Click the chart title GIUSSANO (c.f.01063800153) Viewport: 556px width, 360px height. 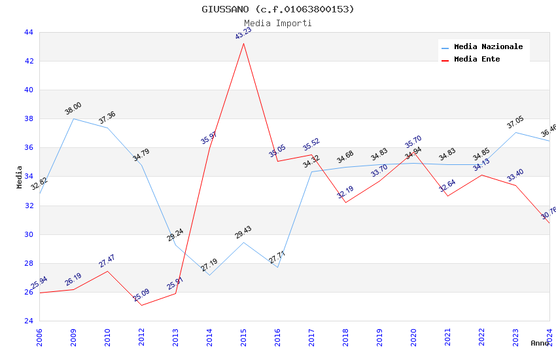tap(278, 9)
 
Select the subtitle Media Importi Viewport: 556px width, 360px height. tap(278, 23)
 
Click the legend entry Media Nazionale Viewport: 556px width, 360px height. tap(488, 47)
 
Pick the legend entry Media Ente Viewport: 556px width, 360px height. tap(477, 59)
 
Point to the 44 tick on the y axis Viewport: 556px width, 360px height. tap(28, 33)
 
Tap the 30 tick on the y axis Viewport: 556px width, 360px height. tap(28, 234)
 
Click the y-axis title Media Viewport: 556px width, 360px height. tap(20, 177)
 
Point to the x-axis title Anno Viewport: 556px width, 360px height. tap(540, 343)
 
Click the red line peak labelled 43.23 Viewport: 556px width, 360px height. tap(243, 43)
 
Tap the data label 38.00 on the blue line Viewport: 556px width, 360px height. tap(73, 109)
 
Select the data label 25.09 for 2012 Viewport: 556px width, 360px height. tap(141, 295)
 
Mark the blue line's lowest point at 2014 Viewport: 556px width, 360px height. tap(209, 275)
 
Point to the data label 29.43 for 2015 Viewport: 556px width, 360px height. tap(243, 232)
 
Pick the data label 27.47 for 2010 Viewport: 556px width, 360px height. tap(107, 261)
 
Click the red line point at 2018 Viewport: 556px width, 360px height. tap(345, 202)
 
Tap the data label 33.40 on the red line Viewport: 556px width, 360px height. tap(515, 175)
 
